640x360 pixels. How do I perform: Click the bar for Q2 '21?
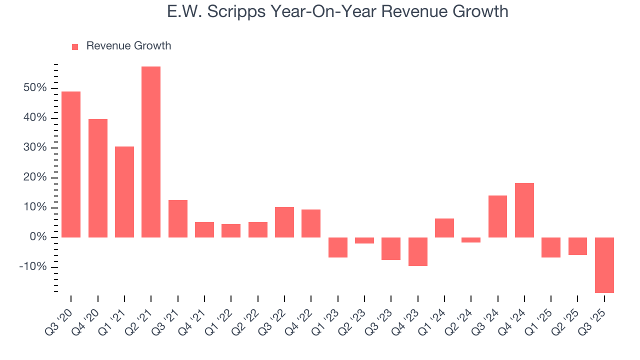151,152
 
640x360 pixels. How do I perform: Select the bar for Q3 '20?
71,164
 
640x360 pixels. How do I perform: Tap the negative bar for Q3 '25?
604,265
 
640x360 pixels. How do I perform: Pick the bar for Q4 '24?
524,210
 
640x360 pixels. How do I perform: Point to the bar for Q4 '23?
417,251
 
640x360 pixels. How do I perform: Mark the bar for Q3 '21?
178,218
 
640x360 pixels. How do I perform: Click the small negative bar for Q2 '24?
471,240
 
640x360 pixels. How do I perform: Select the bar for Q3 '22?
284,222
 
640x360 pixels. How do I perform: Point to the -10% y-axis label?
33,266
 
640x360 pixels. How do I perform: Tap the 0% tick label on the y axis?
38,237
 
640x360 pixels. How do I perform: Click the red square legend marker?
75,46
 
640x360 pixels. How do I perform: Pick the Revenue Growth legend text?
128,46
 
